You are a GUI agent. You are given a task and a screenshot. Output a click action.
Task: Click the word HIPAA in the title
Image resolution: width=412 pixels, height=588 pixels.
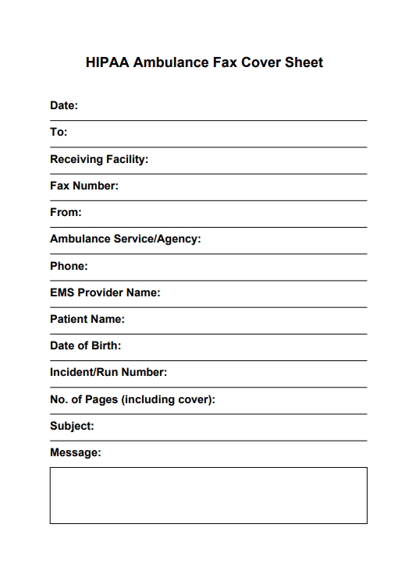108,63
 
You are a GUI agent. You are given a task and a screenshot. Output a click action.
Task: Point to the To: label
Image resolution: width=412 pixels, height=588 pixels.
59,133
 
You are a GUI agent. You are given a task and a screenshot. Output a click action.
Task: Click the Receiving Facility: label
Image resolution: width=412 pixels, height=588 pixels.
99,159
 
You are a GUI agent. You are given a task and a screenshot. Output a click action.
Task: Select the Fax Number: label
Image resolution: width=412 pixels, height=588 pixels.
84,186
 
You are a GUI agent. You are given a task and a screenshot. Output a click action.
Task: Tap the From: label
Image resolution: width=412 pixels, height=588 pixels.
66,212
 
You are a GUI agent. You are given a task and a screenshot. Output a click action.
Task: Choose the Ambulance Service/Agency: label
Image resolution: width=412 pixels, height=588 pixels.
126,239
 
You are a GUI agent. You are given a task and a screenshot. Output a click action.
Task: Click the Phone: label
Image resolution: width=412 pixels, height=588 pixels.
69,266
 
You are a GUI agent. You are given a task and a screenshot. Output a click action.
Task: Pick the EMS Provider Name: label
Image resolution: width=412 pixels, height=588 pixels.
105,292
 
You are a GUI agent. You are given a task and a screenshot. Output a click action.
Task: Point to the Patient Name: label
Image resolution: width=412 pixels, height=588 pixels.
87,319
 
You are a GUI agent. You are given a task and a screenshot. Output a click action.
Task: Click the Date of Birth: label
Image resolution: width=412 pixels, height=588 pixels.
86,345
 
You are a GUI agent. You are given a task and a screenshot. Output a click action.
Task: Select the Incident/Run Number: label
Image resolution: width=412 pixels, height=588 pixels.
108,373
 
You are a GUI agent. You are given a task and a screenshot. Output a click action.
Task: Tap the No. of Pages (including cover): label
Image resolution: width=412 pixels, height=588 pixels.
133,399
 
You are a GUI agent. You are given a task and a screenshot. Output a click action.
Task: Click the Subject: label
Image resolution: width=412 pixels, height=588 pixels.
72,426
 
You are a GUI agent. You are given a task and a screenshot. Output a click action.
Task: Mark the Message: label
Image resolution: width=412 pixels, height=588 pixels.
76,452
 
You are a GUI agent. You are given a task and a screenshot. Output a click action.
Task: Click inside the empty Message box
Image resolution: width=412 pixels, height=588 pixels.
208,495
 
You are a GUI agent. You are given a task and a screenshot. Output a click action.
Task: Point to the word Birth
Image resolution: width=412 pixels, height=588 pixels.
105,345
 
